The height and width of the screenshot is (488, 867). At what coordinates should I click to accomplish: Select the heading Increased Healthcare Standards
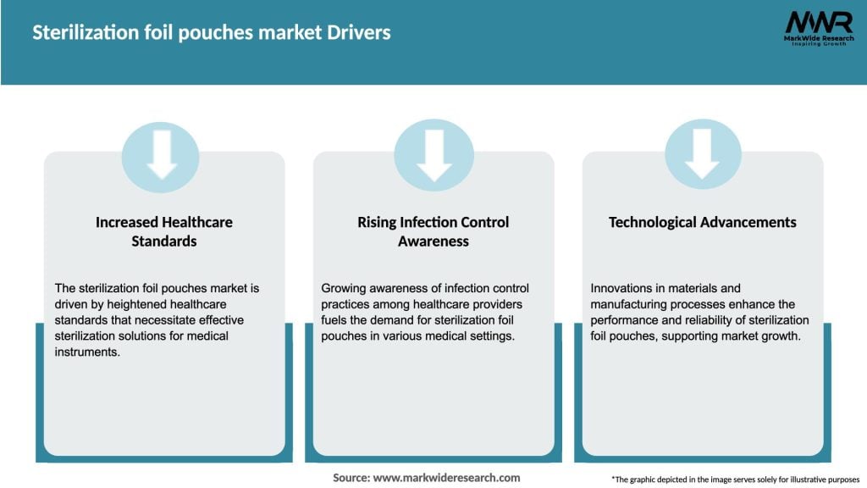pyautogui.click(x=163, y=231)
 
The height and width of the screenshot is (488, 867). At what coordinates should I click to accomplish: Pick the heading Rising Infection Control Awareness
pyautogui.click(x=433, y=231)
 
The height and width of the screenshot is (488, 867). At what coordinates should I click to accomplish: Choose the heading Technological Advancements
pyautogui.click(x=703, y=222)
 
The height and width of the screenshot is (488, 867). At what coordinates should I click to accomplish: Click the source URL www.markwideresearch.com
pyautogui.click(x=447, y=478)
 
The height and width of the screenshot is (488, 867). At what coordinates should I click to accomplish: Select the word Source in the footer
pyautogui.click(x=351, y=478)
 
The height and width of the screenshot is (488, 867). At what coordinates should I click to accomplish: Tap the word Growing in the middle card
pyautogui.click(x=343, y=288)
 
